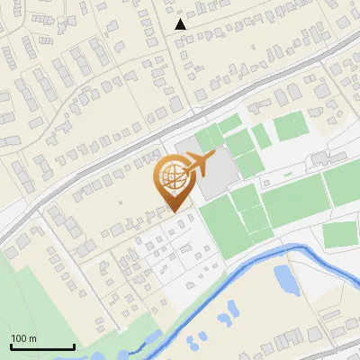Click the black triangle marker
181,24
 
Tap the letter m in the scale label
33,338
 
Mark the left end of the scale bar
10,346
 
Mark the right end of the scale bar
74,346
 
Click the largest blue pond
287,280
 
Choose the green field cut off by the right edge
342,184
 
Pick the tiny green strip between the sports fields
260,136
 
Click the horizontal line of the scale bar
41,347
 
